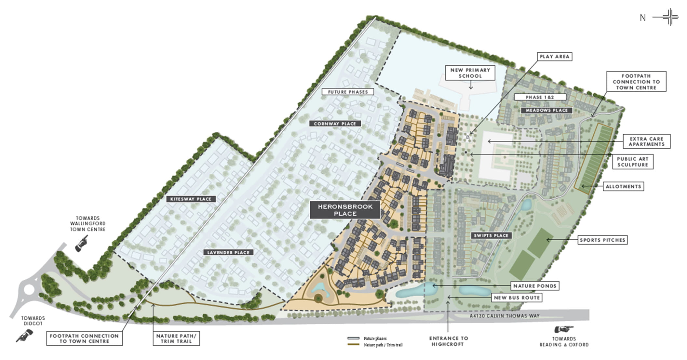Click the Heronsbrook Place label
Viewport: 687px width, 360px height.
[x=345, y=210]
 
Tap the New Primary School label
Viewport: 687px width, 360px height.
[x=470, y=73]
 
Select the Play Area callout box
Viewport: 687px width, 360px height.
[x=554, y=57]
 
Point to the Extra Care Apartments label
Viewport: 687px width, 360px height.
[x=646, y=141]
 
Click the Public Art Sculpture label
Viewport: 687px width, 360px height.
[x=633, y=162]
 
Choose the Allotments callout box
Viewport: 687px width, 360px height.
[x=623, y=186]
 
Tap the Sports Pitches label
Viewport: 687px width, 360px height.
[x=602, y=240]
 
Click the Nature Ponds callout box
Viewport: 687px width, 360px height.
[x=535, y=286]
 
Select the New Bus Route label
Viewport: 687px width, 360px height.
[x=517, y=298]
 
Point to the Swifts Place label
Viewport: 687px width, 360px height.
[x=491, y=235]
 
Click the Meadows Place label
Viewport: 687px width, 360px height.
[x=546, y=110]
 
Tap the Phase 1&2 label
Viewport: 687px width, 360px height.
[x=540, y=97]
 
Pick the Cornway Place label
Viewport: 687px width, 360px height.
[x=335, y=124]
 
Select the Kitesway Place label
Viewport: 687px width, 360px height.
[x=191, y=199]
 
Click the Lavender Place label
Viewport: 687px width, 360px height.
[x=228, y=252]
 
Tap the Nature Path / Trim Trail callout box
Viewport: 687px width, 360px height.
[x=176, y=339]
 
